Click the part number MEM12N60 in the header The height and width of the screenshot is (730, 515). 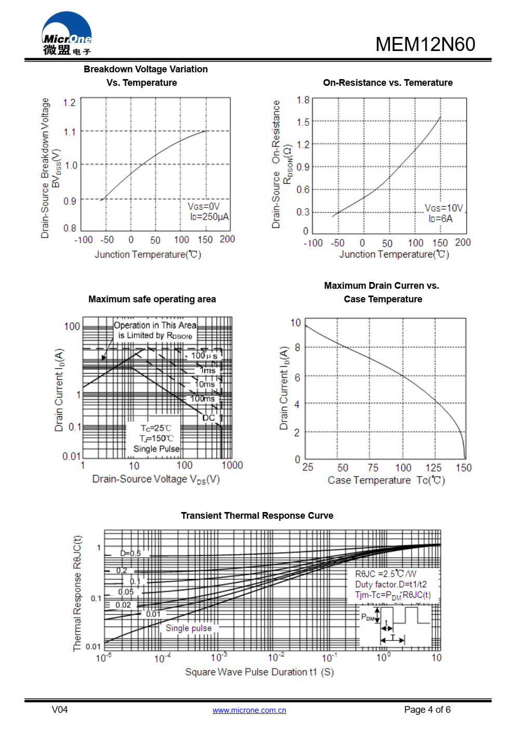425,45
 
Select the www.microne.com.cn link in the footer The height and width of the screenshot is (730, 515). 249,710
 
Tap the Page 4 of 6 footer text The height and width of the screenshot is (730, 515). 427,710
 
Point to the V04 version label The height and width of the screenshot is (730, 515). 60,710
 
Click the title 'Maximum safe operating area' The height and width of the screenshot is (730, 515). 152,299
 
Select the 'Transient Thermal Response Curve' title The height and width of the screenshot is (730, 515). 257,516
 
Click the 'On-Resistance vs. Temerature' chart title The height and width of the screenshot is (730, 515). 388,83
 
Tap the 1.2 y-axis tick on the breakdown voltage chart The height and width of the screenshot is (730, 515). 70,103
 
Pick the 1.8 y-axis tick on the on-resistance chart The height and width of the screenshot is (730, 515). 303,100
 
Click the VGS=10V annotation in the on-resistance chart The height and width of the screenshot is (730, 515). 443,208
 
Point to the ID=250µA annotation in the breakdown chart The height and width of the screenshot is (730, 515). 209,217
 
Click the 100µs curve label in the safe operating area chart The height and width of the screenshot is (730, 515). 204,356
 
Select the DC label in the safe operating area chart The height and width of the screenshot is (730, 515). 208,418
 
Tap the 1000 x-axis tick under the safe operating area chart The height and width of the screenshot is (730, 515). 232,465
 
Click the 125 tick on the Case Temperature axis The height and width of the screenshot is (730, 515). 433,468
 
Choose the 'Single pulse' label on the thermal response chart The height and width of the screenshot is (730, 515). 189,628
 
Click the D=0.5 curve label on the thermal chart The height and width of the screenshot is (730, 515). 130,553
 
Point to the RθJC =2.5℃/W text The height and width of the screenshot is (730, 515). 386,574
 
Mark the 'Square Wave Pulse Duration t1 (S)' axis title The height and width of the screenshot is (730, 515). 259,672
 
